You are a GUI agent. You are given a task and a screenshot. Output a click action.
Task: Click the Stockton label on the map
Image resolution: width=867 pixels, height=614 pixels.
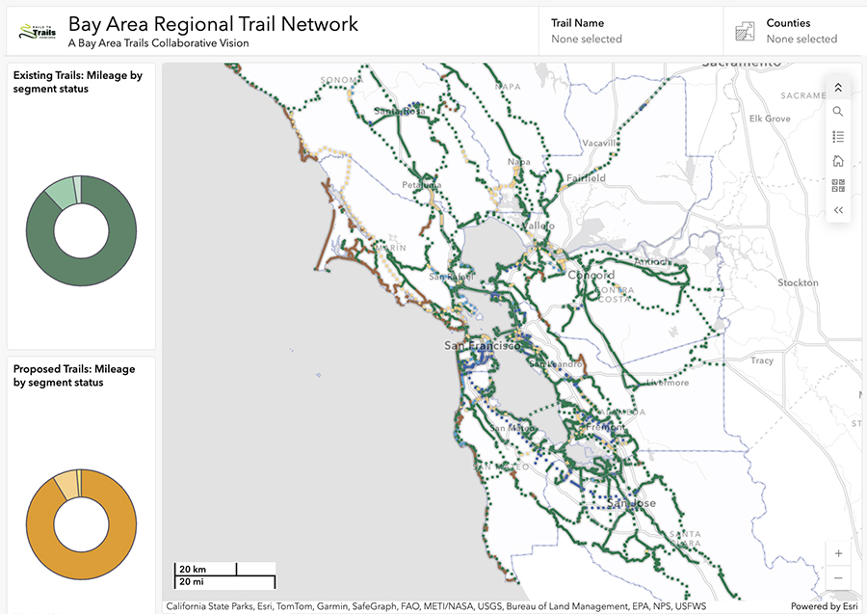pyautogui.click(x=798, y=283)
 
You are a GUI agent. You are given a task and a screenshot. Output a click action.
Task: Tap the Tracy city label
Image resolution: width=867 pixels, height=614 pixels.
pyautogui.click(x=762, y=360)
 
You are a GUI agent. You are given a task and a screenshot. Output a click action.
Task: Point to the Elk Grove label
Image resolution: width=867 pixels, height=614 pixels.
pyautogui.click(x=770, y=119)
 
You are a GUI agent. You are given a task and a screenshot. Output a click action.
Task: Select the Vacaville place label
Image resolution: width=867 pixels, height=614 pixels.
pyautogui.click(x=597, y=143)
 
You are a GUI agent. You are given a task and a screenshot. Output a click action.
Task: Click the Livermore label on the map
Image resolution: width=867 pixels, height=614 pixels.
pyautogui.click(x=668, y=383)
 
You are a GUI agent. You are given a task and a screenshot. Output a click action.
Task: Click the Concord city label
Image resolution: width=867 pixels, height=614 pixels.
pyautogui.click(x=591, y=275)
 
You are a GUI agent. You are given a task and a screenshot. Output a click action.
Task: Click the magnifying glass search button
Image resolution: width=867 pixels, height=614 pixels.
pyautogui.click(x=838, y=112)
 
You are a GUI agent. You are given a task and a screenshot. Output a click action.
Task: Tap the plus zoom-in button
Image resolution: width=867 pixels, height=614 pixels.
pyautogui.click(x=838, y=553)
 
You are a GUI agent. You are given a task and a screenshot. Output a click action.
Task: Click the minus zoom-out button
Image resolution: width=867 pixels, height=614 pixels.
pyautogui.click(x=838, y=577)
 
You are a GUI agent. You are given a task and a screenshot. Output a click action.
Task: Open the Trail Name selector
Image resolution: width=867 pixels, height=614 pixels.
pyautogui.click(x=630, y=31)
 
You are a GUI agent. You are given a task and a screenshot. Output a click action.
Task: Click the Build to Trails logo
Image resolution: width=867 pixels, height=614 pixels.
pyautogui.click(x=38, y=32)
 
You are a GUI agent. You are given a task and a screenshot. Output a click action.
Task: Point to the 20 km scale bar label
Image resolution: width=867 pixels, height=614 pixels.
pyautogui.click(x=193, y=569)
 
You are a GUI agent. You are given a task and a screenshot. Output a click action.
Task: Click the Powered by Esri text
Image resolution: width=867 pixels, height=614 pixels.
pyautogui.click(x=823, y=606)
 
